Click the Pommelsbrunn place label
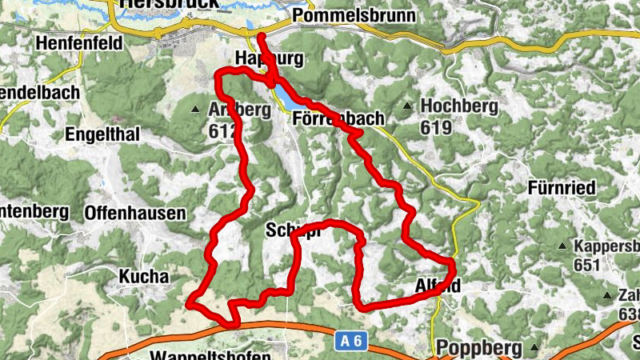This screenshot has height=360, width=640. (354, 16)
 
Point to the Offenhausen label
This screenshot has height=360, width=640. (134, 214)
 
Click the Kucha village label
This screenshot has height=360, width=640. (144, 277)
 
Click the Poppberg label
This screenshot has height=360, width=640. (479, 349)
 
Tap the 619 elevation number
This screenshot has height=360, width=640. (436, 127)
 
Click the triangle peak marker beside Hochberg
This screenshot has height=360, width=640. (408, 106)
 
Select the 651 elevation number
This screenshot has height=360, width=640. (588, 265)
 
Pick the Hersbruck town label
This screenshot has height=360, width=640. (157, 4)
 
